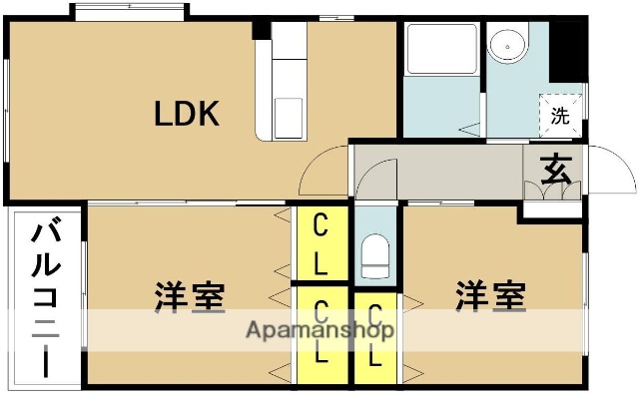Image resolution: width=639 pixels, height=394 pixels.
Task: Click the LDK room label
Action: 186,115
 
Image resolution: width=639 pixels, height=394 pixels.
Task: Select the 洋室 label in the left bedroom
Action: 189,296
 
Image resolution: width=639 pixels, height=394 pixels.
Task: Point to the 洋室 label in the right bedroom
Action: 491,296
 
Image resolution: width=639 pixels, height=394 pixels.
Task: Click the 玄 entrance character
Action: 557,169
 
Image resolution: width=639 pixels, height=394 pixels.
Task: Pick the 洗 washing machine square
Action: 560,115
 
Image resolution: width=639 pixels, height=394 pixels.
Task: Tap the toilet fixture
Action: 375,256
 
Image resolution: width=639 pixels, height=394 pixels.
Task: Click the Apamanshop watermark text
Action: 319,330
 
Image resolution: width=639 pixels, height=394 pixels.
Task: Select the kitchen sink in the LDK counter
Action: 289,118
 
